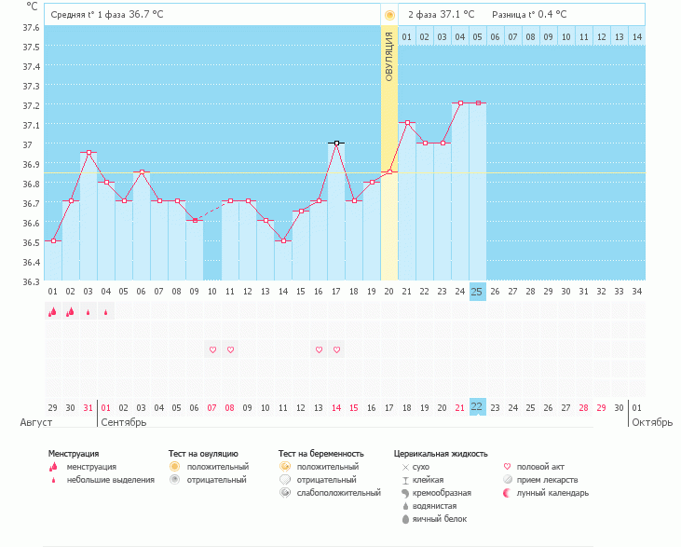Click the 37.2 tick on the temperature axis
click(31, 105)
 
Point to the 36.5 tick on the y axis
click(31, 242)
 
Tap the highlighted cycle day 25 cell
click(477, 292)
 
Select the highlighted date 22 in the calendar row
click(477, 408)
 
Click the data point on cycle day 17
click(336, 144)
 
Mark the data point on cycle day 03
click(89, 153)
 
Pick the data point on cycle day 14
click(283, 240)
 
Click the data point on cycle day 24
click(459, 103)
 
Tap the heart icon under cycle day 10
click(212, 349)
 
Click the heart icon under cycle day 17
click(336, 349)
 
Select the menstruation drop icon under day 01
click(53, 312)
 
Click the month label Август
click(34, 422)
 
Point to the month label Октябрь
click(651, 422)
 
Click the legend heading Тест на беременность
click(320, 454)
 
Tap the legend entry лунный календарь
click(552, 492)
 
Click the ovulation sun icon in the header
click(389, 15)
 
